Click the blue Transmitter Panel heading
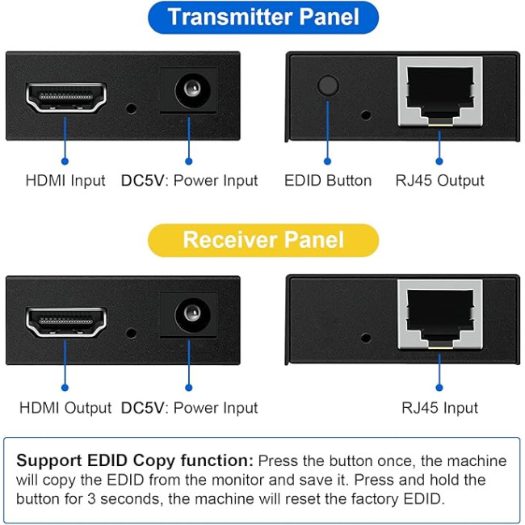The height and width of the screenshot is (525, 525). (263, 18)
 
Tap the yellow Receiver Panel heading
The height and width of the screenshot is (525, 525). (263, 240)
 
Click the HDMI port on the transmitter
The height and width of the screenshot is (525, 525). (66, 97)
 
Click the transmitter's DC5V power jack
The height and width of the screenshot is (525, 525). (189, 90)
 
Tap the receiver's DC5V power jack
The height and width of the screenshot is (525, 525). (189, 314)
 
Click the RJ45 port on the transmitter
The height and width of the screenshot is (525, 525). (439, 91)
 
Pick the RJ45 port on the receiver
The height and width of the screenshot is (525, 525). (439, 316)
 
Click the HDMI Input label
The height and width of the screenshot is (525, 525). (65, 181)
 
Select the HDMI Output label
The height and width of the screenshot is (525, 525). (65, 408)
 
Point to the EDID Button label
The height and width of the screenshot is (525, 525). (328, 181)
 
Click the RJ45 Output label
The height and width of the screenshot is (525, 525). (439, 181)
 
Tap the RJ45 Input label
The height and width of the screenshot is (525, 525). (439, 408)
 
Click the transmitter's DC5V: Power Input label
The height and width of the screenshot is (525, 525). (189, 181)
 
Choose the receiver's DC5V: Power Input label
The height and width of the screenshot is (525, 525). (189, 408)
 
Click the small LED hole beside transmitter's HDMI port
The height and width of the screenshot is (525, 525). (131, 106)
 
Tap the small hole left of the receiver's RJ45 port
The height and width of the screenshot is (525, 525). (366, 338)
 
